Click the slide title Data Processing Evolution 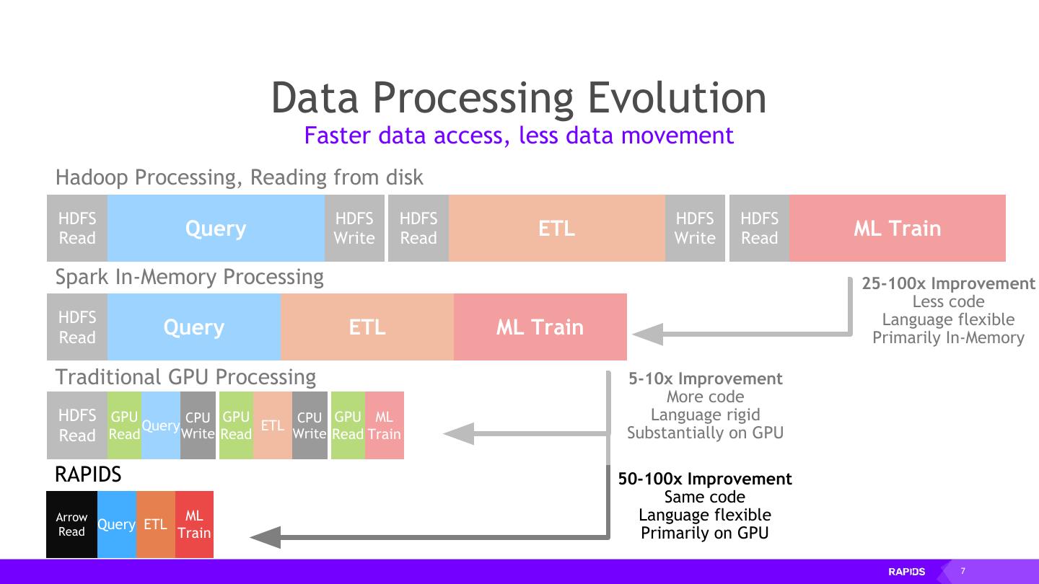(x=518, y=97)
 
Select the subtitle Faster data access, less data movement (x=518, y=135)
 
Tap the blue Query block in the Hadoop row (x=216, y=228)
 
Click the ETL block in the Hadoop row (x=556, y=228)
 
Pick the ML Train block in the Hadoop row (x=897, y=228)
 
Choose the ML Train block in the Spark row (x=540, y=327)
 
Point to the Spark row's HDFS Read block (x=77, y=327)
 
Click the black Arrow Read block (x=71, y=524)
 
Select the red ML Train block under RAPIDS (x=194, y=524)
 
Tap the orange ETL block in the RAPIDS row (x=155, y=524)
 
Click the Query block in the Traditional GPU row (x=160, y=425)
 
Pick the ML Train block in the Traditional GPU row (x=384, y=425)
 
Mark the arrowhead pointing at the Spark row (x=647, y=334)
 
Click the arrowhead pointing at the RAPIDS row (x=266, y=537)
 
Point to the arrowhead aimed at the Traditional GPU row (x=458, y=433)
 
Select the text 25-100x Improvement (x=948, y=283)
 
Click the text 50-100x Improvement (x=705, y=479)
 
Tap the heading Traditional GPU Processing (x=185, y=377)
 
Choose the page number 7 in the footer (x=963, y=571)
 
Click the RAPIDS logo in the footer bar (x=906, y=572)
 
